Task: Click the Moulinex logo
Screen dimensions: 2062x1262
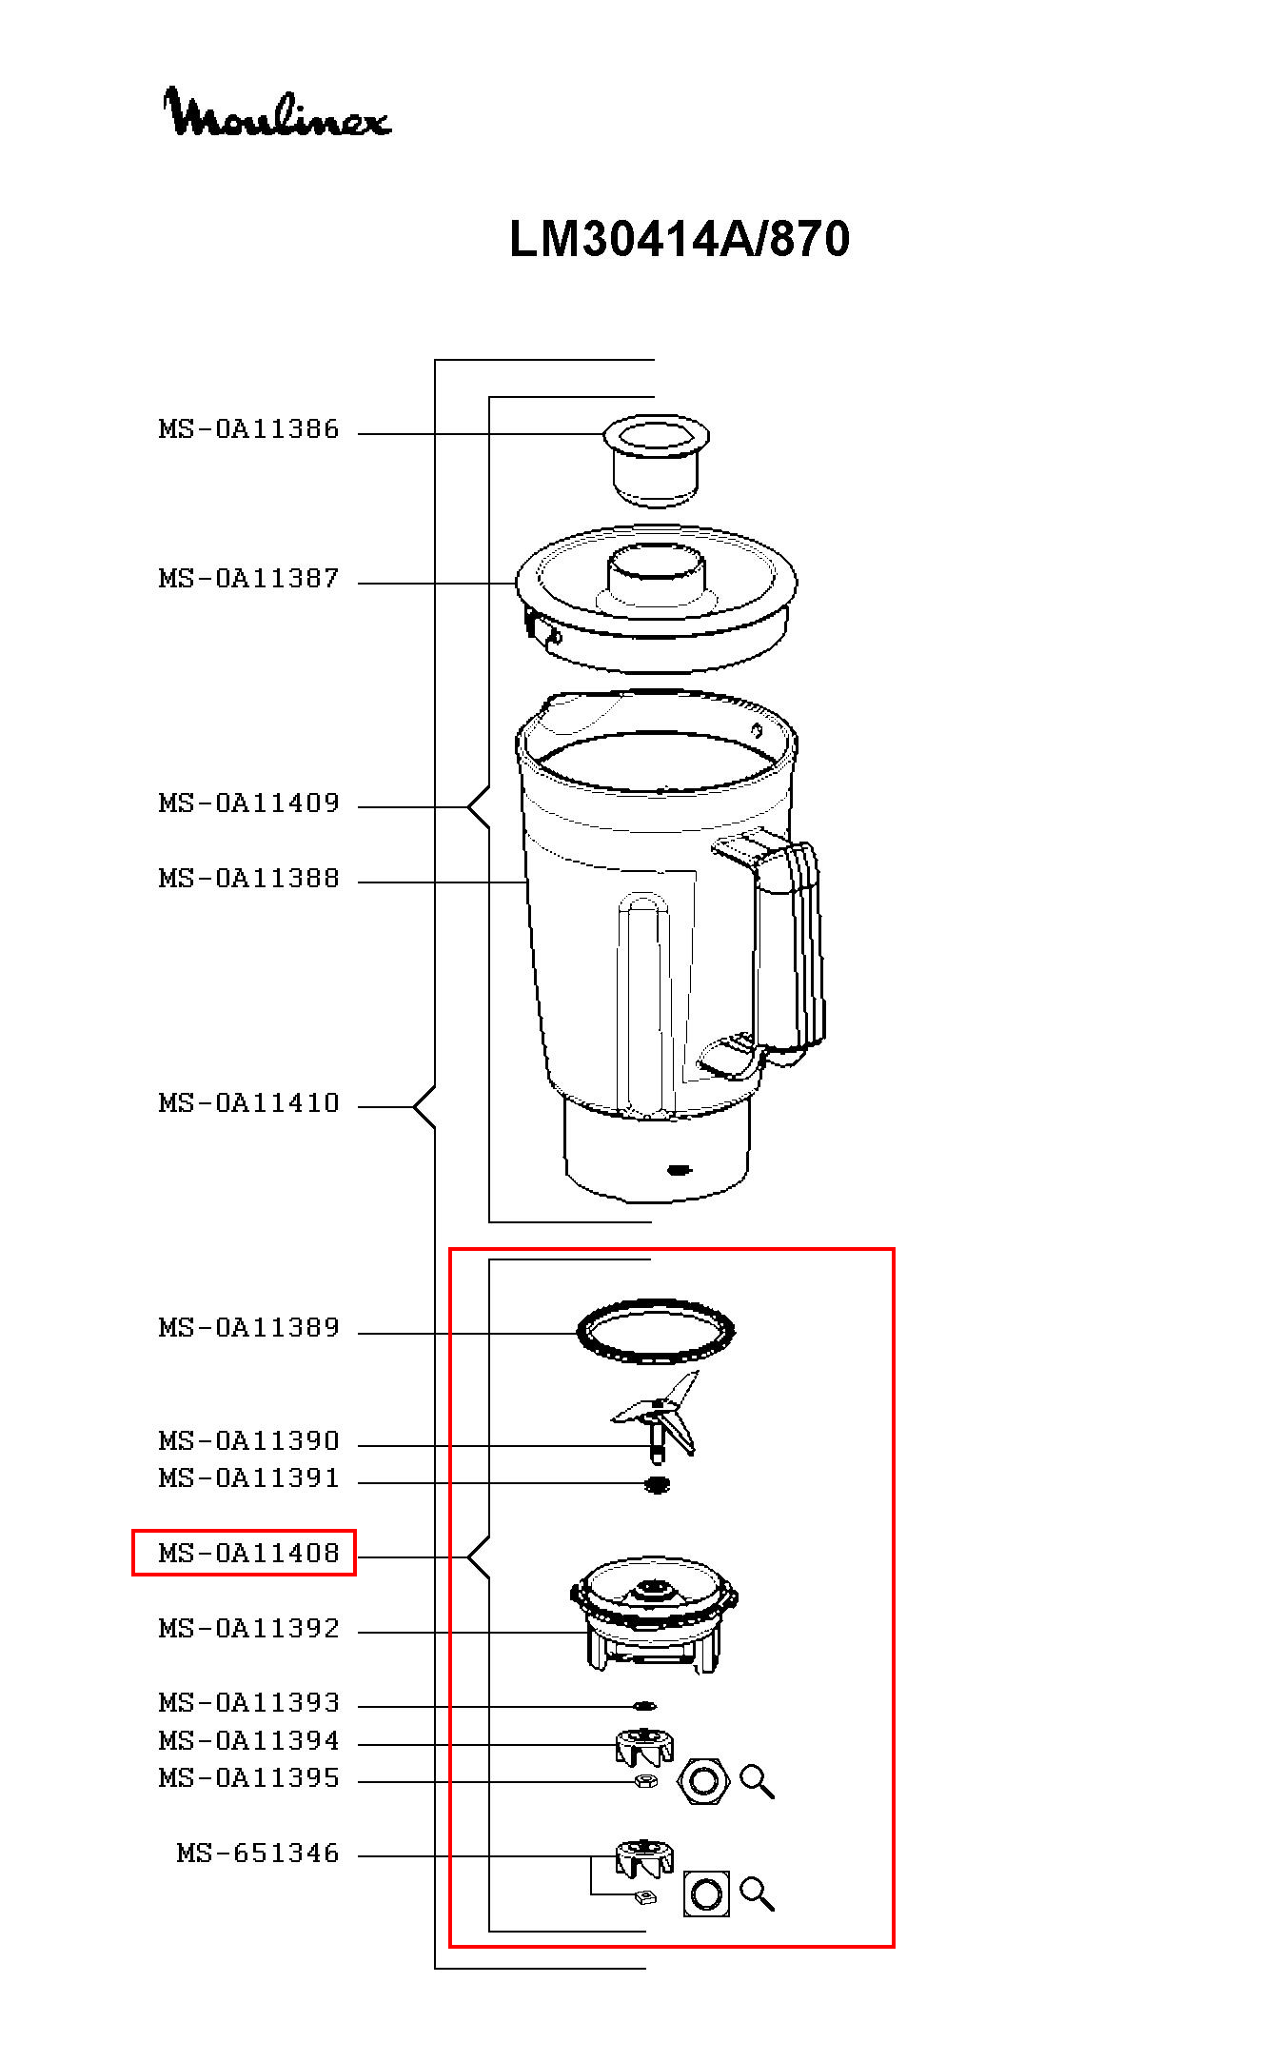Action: [x=276, y=112]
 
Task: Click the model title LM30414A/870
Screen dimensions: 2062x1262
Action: [x=679, y=239]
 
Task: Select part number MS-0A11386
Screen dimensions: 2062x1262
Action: [x=248, y=429]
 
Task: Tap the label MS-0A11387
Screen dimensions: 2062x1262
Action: [x=248, y=579]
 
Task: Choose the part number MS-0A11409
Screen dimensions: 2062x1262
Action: [x=248, y=803]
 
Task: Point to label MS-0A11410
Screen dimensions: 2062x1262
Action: [x=248, y=1103]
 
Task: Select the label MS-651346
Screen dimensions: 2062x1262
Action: [x=258, y=1853]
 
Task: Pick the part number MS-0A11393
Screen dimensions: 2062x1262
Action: [x=248, y=1702]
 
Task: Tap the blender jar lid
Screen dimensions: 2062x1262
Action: [x=656, y=600]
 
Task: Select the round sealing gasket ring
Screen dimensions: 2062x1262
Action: [x=656, y=1330]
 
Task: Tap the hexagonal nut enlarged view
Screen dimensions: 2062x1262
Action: [x=702, y=1780]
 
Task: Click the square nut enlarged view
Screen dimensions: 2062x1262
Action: [x=706, y=1893]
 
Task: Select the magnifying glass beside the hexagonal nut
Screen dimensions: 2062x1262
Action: [x=757, y=1781]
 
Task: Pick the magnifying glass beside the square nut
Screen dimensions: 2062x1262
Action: [x=757, y=1893]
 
